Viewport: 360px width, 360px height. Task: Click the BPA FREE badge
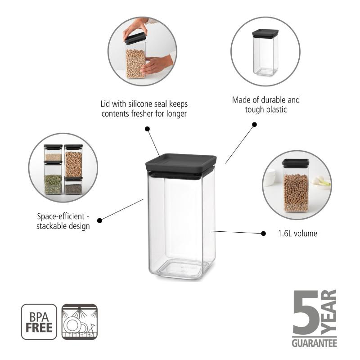pos(39,322)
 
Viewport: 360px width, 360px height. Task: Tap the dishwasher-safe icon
pos(79,322)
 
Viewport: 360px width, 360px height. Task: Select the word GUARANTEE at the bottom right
pos(314,343)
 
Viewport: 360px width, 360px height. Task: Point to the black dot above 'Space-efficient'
pos(99,220)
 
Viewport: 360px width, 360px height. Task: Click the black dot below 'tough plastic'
pos(254,124)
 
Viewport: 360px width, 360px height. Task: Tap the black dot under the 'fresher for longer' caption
pos(147,129)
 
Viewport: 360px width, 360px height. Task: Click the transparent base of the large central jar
pos(180,268)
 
